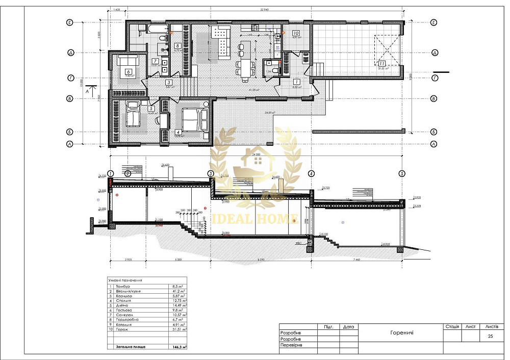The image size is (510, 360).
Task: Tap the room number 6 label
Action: click(x=128, y=72)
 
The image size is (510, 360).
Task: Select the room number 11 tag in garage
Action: click(x=381, y=64)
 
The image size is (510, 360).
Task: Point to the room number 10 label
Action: click(x=295, y=33)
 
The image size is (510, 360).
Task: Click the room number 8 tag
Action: click(x=177, y=45)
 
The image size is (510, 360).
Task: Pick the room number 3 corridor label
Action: click(x=168, y=82)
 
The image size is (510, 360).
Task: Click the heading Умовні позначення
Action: click(x=125, y=280)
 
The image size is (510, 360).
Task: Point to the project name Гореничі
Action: click(x=398, y=332)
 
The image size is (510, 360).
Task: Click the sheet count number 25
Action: click(x=490, y=337)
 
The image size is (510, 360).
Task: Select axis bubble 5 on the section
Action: click(x=402, y=173)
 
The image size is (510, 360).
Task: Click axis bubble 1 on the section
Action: click(x=111, y=173)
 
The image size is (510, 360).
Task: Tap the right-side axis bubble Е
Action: click(x=434, y=22)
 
